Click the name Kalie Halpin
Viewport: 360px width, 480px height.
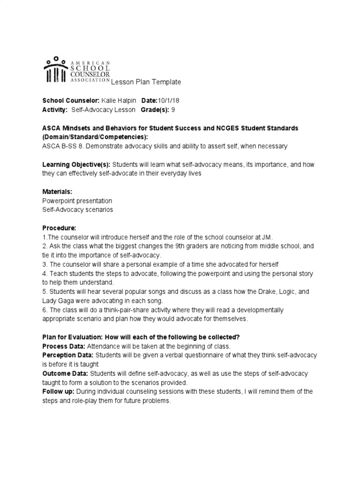click(117, 101)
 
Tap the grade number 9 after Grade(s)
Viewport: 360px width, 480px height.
click(172, 110)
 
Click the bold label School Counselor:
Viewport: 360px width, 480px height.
click(71, 101)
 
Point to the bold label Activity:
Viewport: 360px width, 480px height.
click(55, 110)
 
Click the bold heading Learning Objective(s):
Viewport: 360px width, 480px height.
click(76, 164)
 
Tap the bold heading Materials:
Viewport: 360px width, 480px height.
click(58, 192)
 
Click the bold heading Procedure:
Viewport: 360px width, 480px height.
click(59, 228)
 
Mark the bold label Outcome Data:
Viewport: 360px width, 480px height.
click(65, 373)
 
